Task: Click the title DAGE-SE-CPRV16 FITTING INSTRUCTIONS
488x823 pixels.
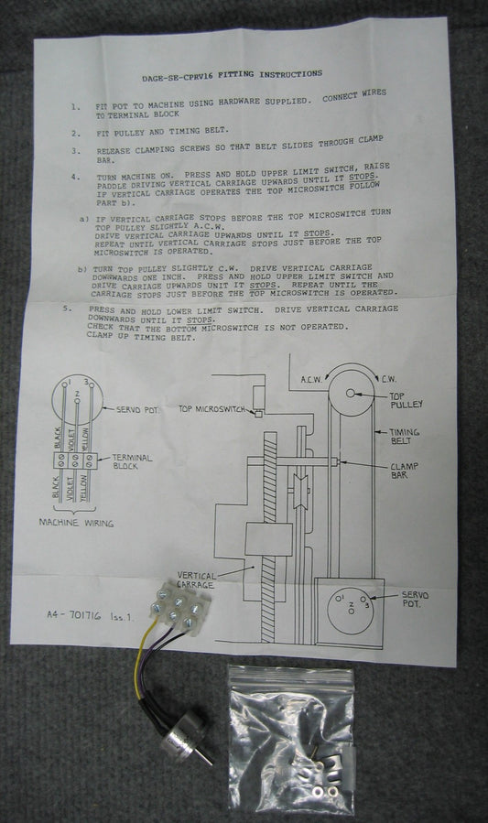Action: (232, 75)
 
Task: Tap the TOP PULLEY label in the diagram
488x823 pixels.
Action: (406, 400)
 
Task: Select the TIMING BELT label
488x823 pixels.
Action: (404, 436)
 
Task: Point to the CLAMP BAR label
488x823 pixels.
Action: (404, 471)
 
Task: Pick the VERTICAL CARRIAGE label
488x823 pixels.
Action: (195, 580)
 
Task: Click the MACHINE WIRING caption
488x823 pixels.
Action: (76, 523)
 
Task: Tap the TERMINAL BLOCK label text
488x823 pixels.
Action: (132, 461)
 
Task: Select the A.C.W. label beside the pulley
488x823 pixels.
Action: (311, 380)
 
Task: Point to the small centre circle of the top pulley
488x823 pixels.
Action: (351, 393)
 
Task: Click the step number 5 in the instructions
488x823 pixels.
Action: (66, 309)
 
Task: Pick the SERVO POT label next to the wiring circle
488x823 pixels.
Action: (136, 409)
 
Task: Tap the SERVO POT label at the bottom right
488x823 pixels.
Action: (415, 600)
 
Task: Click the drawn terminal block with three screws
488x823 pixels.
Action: (76, 460)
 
